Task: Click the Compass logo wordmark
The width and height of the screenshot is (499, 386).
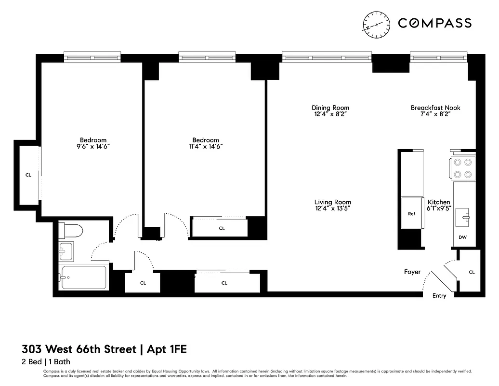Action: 434,23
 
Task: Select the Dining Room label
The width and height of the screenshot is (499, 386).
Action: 330,108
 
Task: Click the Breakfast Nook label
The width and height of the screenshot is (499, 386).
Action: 435,108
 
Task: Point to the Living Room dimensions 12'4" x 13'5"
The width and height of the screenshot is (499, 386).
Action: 332,209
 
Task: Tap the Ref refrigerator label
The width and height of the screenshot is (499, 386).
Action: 411,214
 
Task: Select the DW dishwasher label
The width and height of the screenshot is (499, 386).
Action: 462,237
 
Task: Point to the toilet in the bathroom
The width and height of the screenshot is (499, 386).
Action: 70,231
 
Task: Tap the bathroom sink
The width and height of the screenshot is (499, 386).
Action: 66,250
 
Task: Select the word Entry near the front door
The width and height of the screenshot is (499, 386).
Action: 439,296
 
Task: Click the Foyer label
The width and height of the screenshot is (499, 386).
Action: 412,272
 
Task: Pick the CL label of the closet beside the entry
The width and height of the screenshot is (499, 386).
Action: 472,272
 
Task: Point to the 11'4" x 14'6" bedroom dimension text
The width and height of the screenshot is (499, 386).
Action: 205,147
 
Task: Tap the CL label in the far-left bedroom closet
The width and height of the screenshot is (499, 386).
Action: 28,175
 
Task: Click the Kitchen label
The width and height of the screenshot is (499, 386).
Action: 439,202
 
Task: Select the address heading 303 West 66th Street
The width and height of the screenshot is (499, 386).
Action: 79,349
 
